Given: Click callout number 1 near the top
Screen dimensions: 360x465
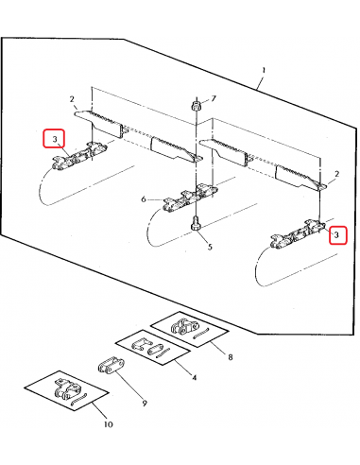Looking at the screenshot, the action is click(x=264, y=70).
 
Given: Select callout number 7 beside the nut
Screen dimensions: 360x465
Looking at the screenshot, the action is click(x=214, y=98).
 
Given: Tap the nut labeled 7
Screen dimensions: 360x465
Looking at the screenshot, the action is click(x=196, y=105).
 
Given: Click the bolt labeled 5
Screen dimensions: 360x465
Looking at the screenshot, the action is click(x=196, y=224).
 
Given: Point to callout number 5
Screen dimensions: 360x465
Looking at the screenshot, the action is click(x=210, y=247).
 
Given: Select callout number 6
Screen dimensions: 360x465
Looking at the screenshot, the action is click(x=144, y=199).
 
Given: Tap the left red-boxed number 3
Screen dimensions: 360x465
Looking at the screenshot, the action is click(x=55, y=139).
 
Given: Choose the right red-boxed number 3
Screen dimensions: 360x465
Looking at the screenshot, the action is click(x=336, y=235).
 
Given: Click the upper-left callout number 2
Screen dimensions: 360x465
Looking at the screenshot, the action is click(x=72, y=99).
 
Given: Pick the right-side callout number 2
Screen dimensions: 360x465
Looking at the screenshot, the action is click(x=336, y=174).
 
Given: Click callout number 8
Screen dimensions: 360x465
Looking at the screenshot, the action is click(x=231, y=357).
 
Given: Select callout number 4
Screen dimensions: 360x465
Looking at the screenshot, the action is click(x=194, y=377).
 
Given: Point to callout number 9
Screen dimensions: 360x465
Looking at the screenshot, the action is click(x=145, y=403).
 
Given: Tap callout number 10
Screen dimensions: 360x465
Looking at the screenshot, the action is click(x=108, y=424).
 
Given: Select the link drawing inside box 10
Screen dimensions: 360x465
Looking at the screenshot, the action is click(x=67, y=389).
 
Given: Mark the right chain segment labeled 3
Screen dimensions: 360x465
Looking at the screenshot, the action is click(x=298, y=235).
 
